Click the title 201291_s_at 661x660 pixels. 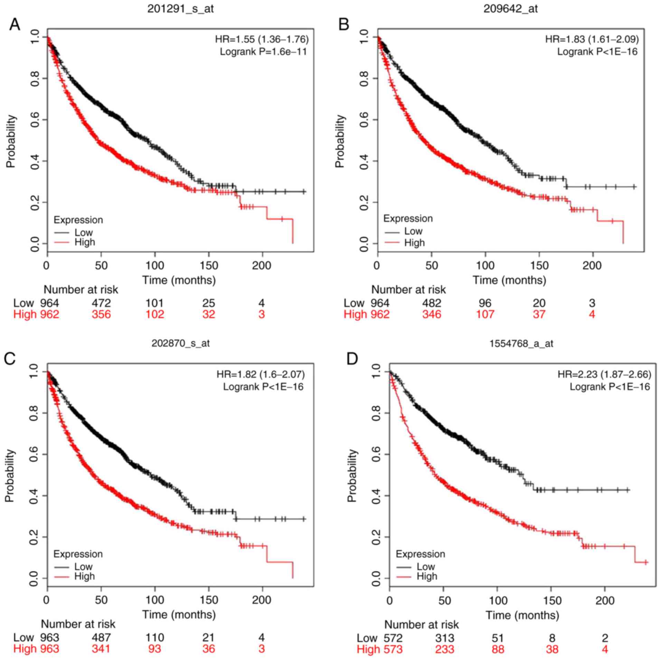tap(180, 9)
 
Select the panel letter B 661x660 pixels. tap(344, 25)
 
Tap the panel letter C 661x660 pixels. tap(10, 359)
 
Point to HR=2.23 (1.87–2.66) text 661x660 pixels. tap(604, 374)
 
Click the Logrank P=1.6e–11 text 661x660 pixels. tap(263, 52)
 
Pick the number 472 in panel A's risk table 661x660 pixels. tap(101, 303)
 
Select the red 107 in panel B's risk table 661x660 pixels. tap(485, 314)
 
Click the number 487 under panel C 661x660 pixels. tap(101, 637)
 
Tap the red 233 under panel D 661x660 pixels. tap(444, 649)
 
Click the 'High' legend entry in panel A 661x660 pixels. tap(85, 242)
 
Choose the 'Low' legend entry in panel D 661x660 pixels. tap(426, 566)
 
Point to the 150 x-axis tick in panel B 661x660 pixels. tap(539, 266)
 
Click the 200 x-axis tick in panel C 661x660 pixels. tap(262, 600)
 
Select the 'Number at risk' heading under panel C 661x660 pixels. tap(78, 624)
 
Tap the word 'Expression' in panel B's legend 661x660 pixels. tap(408, 219)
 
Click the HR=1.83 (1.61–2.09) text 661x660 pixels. tap(592, 39)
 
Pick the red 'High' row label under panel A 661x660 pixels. tap(25, 314)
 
